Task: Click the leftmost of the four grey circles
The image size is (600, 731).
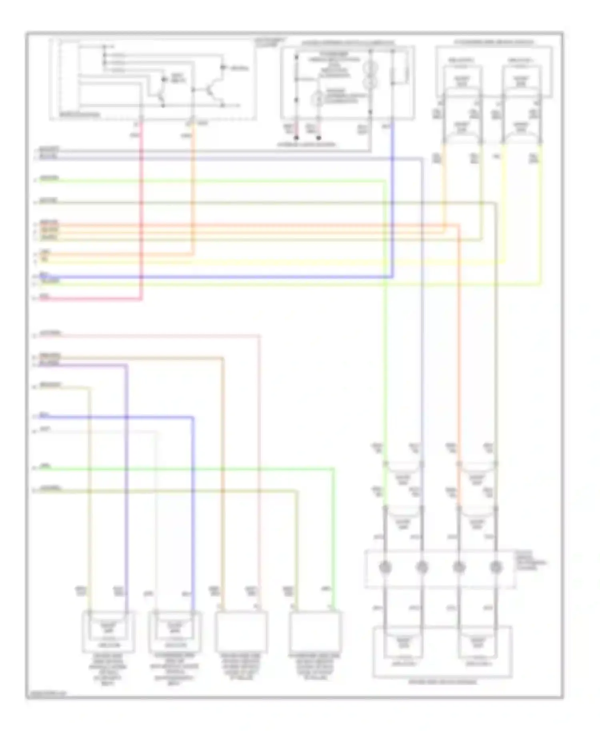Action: pyautogui.click(x=385, y=567)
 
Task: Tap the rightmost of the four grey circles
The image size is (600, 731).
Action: pyautogui.click(x=496, y=567)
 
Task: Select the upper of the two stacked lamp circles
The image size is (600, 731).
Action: pyautogui.click(x=370, y=66)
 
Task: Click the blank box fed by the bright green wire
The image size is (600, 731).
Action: pyautogui.click(x=315, y=632)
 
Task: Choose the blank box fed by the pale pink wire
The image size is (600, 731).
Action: pyautogui.click(x=241, y=632)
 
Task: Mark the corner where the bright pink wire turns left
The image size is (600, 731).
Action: pyautogui.click(x=141, y=298)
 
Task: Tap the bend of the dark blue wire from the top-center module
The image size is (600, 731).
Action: pyautogui.click(x=392, y=276)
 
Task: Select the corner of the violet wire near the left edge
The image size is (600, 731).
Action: pyautogui.click(x=127, y=365)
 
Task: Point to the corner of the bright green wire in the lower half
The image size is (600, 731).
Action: pyautogui.click(x=333, y=468)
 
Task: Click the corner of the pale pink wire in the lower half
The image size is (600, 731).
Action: pyautogui.click(x=259, y=336)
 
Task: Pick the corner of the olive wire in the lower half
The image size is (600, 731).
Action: pyautogui.click(x=297, y=491)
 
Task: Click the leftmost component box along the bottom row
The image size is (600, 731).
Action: pyautogui.click(x=108, y=631)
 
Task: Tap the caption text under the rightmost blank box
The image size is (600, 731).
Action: pyautogui.click(x=315, y=667)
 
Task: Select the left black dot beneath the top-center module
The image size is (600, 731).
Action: pyautogui.click(x=296, y=138)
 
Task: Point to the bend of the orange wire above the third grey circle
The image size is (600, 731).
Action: pyautogui.click(x=458, y=226)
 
